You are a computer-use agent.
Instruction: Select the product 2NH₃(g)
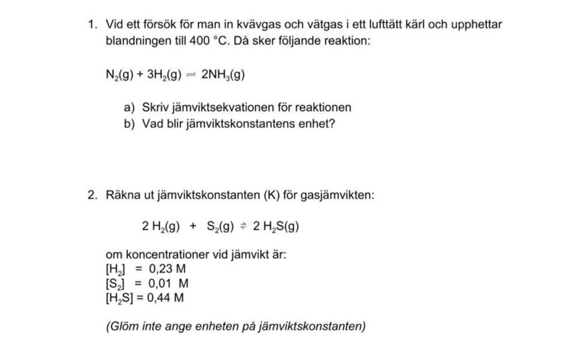pyautogui.click(x=223, y=74)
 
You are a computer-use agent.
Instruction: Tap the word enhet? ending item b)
pyautogui.click(x=316, y=123)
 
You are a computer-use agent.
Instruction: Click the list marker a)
pyautogui.click(x=129, y=108)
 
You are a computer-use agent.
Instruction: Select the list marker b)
pyautogui.click(x=129, y=123)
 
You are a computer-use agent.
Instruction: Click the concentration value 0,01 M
pyautogui.click(x=169, y=284)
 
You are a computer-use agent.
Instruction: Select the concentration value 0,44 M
pyautogui.click(x=165, y=297)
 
